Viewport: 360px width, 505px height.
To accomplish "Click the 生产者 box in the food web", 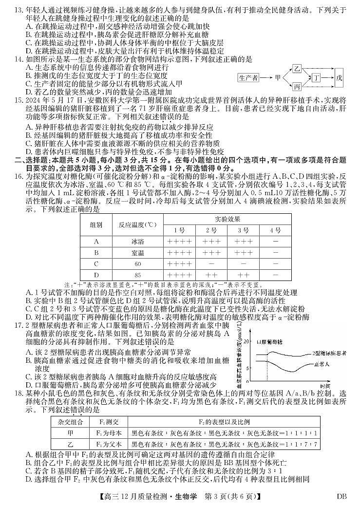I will (x=248, y=77).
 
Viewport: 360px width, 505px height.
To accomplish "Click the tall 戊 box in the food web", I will (x=339, y=77).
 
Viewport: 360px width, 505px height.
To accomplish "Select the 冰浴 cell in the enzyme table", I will (x=137, y=241).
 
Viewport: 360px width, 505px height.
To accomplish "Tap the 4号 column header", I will (x=276, y=229).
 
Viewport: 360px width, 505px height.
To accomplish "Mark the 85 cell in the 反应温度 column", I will (x=137, y=275).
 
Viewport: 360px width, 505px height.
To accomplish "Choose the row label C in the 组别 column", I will (x=96, y=263).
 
